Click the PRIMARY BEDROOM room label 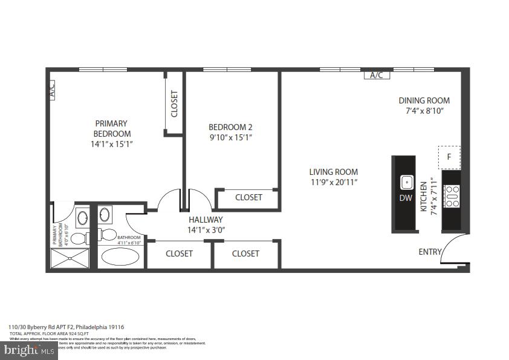click(111, 129)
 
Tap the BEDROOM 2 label click(230, 127)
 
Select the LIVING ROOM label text click(334, 172)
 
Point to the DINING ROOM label click(424, 100)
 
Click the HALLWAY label click(206, 220)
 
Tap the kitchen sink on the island click(407, 181)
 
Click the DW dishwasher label click(406, 197)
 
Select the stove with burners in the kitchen click(452, 197)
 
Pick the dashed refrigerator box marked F click(449, 157)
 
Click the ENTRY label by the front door click(430, 252)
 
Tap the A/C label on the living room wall click(377, 75)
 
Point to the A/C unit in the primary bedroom click(51, 90)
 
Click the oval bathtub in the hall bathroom click(120, 257)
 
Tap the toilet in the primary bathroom click(79, 237)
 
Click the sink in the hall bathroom click(105, 214)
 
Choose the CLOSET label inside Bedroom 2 click(248, 197)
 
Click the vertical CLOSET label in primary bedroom click(175, 103)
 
